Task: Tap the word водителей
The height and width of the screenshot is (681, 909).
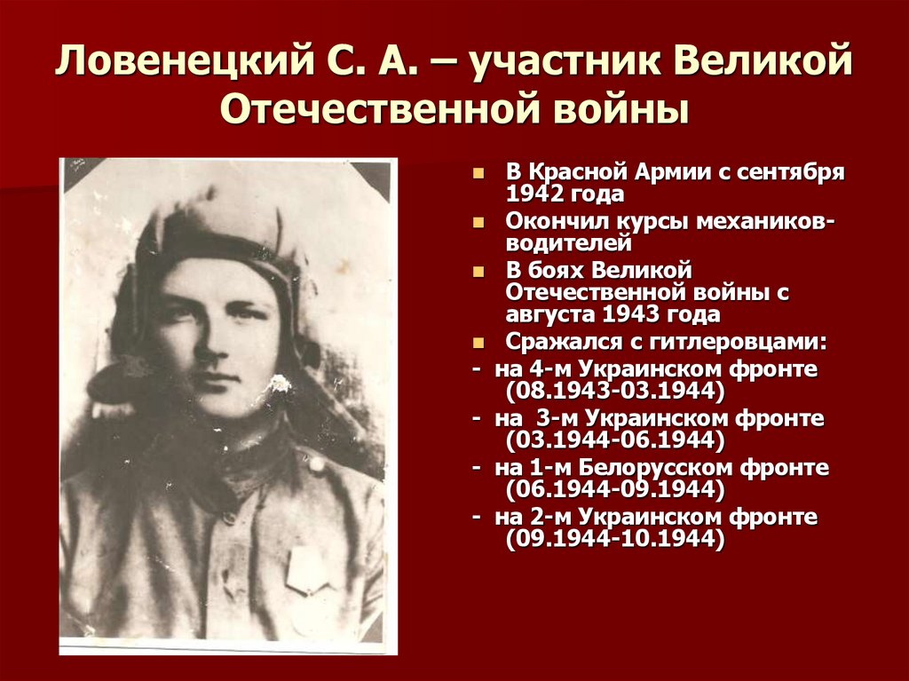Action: (x=569, y=242)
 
